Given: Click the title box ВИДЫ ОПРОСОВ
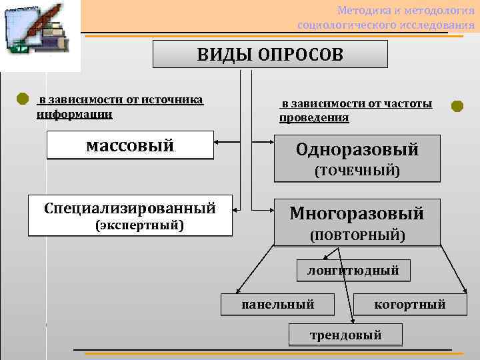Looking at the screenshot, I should point(270,54).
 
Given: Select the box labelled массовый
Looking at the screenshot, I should point(130,145).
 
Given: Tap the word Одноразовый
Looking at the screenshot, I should point(357,150).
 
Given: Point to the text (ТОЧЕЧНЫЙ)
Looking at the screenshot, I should point(357,171).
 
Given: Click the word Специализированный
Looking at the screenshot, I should point(130,208).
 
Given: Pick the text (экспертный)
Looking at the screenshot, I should point(140,225).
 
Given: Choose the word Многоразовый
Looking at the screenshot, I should point(357,213).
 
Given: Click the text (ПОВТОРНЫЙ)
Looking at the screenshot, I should point(357,235).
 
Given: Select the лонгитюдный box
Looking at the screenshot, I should point(353,270).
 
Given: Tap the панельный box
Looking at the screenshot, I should point(278,305).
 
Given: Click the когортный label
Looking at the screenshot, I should point(409,305).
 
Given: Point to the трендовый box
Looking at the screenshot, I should point(345,335).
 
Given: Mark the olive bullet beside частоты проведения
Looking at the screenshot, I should point(457,106).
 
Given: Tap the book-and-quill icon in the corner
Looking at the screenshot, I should point(40,33).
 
